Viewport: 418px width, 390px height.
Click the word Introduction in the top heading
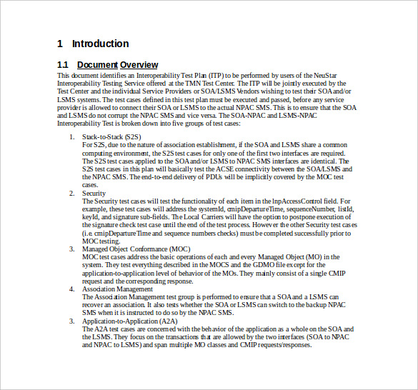pyautogui.click(x=100, y=44)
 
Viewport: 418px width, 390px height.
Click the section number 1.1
pyautogui.click(x=63, y=65)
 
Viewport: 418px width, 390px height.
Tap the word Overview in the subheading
pyautogui.click(x=139, y=65)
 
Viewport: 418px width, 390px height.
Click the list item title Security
pyautogui.click(x=94, y=194)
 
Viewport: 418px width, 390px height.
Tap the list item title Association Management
pyautogui.click(x=117, y=289)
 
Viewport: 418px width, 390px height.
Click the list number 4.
pyautogui.click(x=71, y=289)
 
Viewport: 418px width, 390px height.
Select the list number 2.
pyautogui.click(x=71, y=194)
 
